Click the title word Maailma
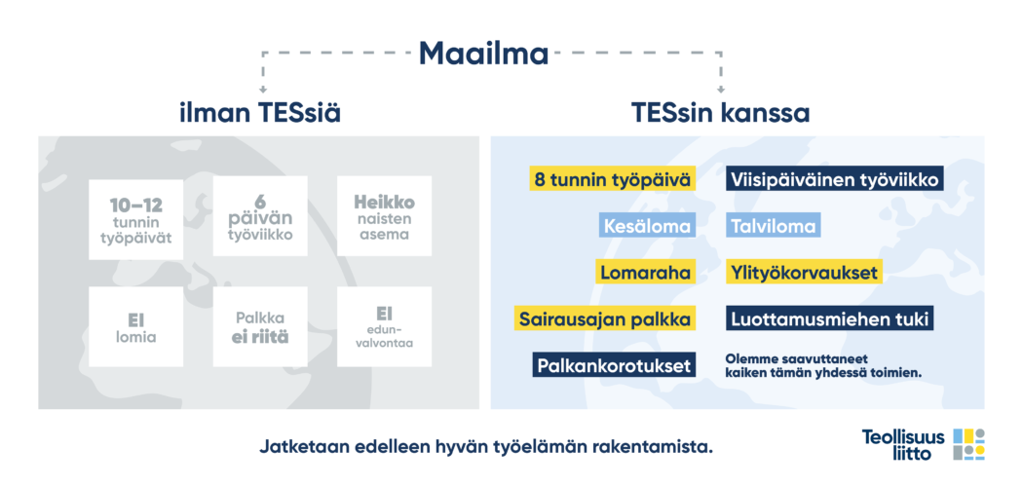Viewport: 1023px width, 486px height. pos(483,54)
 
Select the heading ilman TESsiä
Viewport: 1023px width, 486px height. pos(260,114)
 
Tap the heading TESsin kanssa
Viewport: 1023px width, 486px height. pos(720,114)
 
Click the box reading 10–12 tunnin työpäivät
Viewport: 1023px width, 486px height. pos(136,219)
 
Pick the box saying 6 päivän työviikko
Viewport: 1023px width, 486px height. pos(260,216)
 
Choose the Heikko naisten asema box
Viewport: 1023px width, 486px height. pos(384,216)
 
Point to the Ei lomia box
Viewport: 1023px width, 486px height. pos(136,327)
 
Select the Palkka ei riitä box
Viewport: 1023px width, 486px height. pos(260,327)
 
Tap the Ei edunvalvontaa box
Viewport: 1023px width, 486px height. pos(384,326)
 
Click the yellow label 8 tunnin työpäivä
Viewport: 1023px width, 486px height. pos(612,179)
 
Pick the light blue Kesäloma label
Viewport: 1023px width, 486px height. pos(647,226)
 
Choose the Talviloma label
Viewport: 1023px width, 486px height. pos(774,226)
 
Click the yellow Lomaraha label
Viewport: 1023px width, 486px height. pos(645,272)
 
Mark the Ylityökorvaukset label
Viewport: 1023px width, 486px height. pos(804,272)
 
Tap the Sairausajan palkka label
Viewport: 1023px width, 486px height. pos(605,318)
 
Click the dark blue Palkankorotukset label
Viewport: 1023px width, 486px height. pos(614,364)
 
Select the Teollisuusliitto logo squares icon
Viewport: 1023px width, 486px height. pos(968,445)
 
